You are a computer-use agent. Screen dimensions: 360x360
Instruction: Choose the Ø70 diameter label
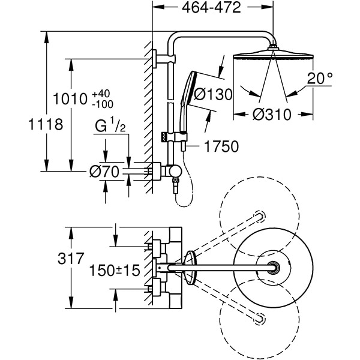coord(103,172)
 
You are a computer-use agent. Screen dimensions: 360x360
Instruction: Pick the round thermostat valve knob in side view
coord(174,171)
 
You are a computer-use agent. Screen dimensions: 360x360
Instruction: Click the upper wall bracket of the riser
coord(157,58)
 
